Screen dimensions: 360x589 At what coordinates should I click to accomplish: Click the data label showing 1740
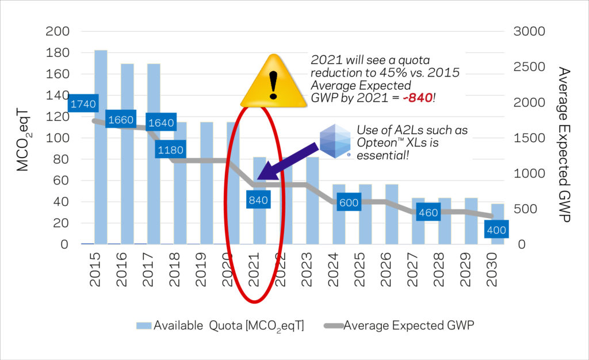click(83, 104)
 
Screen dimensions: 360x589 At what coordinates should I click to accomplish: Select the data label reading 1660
click(120, 120)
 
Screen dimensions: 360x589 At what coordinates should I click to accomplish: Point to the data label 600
click(349, 203)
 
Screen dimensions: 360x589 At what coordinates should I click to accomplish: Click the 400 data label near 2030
click(495, 230)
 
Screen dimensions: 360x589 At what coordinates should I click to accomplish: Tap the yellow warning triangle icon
click(273, 82)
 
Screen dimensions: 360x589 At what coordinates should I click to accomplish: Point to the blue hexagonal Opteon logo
click(335, 140)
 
